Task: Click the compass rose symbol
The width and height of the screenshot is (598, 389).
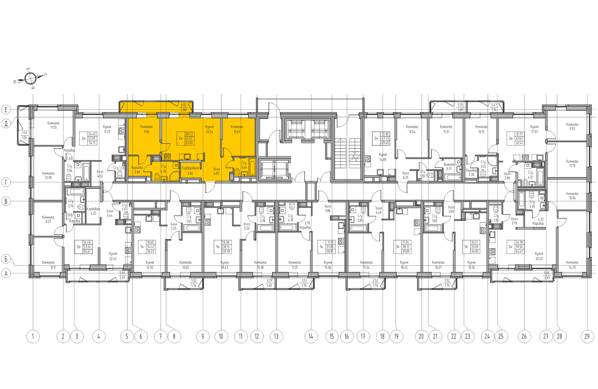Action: pyautogui.click(x=30, y=79)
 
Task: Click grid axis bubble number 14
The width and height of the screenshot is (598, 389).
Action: pyautogui.click(x=311, y=336)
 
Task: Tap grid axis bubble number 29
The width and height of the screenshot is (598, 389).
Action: pyautogui.click(x=587, y=336)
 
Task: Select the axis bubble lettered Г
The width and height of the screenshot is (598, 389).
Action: pyautogui.click(x=6, y=182)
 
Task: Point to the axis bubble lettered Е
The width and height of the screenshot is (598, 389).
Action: pyautogui.click(x=6, y=110)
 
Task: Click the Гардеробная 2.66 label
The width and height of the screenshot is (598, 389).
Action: pyautogui.click(x=190, y=171)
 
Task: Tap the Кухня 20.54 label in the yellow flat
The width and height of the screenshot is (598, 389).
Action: pyautogui.click(x=209, y=129)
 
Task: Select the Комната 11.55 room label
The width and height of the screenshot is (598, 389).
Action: pyautogui.click(x=53, y=125)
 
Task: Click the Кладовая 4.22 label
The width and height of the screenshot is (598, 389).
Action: pyautogui.click(x=93, y=211)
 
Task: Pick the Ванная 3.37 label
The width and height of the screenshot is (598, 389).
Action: pyautogui.click(x=449, y=166)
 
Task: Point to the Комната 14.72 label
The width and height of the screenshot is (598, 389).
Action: pyautogui.click(x=572, y=265)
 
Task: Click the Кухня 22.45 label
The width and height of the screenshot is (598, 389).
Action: pyautogui.click(x=113, y=256)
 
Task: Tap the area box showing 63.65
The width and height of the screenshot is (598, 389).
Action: pyautogui.click(x=189, y=143)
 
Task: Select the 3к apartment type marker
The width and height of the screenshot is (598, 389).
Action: pyautogui.click(x=511, y=139)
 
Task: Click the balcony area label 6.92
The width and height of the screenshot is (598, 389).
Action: pyautogui.click(x=183, y=105)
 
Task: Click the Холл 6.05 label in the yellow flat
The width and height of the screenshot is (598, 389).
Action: pyautogui.click(x=216, y=171)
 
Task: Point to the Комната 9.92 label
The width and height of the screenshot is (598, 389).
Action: pyautogui.click(x=572, y=127)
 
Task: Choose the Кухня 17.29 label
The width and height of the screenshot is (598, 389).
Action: pyautogui.click(x=107, y=129)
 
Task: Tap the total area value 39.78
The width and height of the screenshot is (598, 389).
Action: pyautogui.click(x=226, y=251)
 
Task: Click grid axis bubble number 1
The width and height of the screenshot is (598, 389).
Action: pyautogui.click(x=33, y=336)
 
